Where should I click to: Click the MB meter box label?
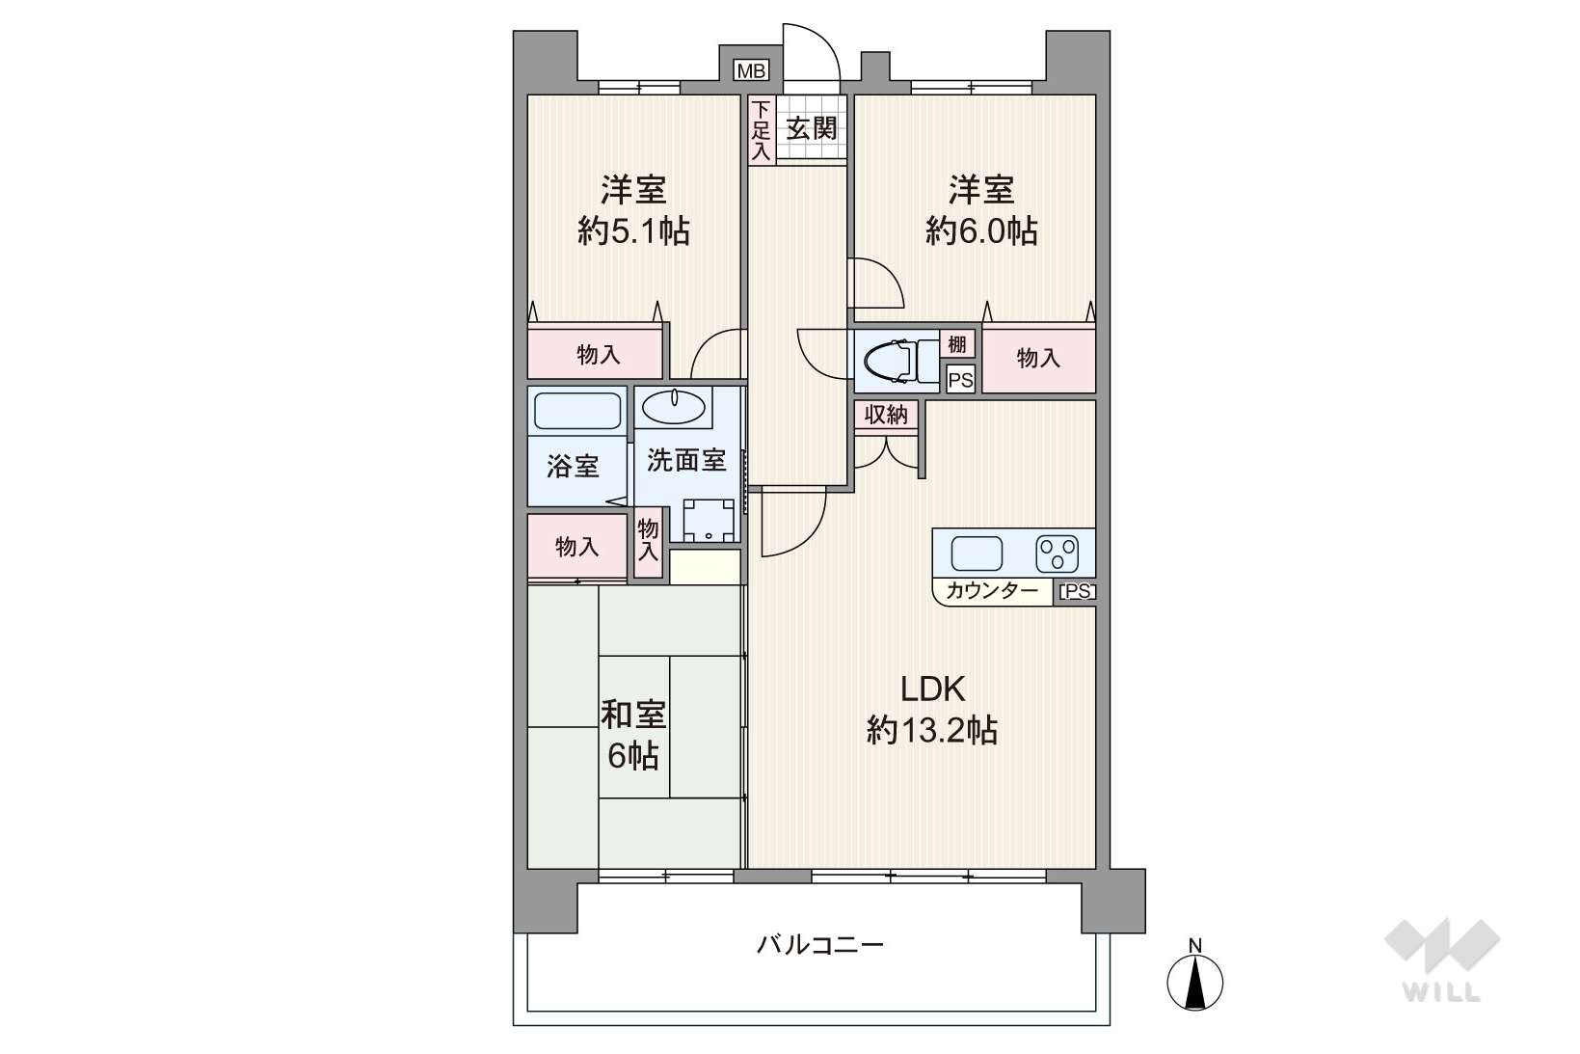tap(751, 70)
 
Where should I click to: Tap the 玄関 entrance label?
tap(811, 129)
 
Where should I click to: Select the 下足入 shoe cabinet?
tap(762, 130)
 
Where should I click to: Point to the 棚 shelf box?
tap(957, 344)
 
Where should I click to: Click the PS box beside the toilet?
tap(960, 380)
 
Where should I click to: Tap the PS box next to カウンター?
tap(1077, 591)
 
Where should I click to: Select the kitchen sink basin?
tap(977, 554)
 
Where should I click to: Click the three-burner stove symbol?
tap(1057, 554)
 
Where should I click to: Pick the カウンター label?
tap(991, 590)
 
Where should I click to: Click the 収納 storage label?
tap(886, 415)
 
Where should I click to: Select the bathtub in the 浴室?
tap(577, 411)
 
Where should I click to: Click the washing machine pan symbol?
tap(709, 520)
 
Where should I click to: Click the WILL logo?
tap(1442, 960)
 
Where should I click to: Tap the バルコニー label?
tap(819, 945)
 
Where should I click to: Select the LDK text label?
tap(932, 689)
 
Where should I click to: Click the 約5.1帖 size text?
tap(633, 230)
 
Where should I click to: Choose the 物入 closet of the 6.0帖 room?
tap(1039, 359)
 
